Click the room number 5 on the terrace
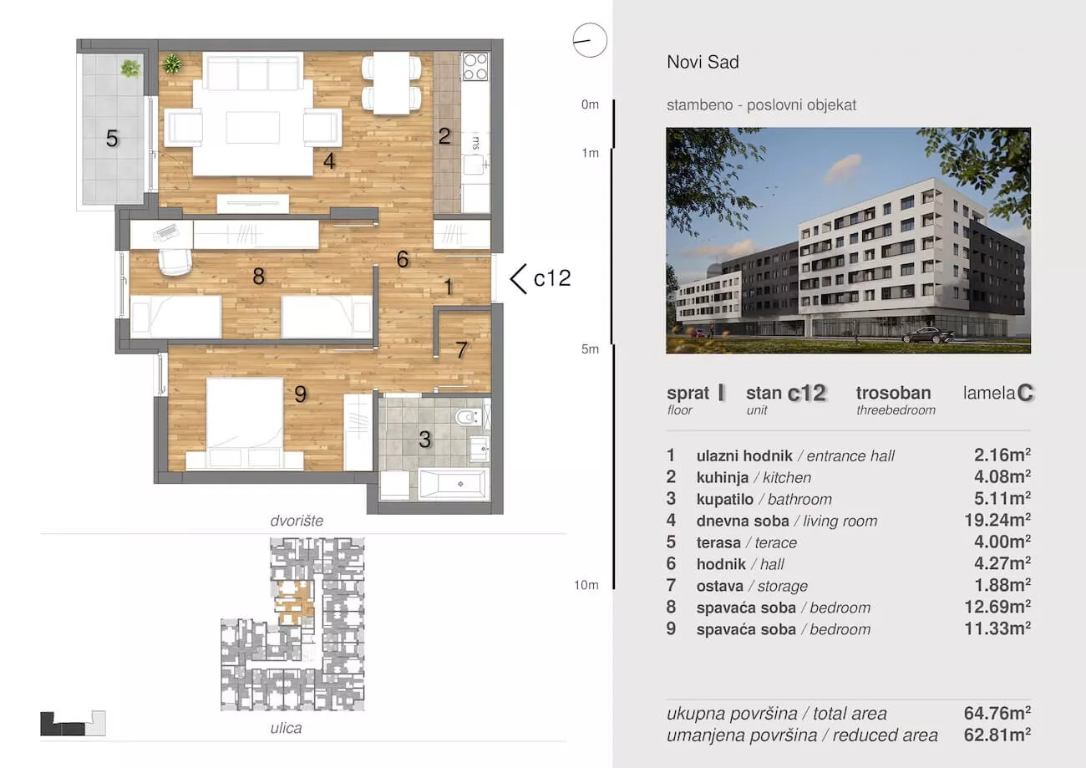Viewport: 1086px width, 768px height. pos(112,139)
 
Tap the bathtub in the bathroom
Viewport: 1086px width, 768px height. pos(452,484)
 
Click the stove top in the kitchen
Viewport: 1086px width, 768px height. pos(475,66)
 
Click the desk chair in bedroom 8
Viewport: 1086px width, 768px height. pos(175,262)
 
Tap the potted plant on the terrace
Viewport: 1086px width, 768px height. pos(130,69)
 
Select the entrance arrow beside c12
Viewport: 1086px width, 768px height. pos(518,279)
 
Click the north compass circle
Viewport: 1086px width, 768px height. pos(590,41)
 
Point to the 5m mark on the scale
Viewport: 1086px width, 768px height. pos(590,349)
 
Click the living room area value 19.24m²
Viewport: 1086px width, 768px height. pos(997,521)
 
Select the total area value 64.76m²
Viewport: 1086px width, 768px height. pos(997,713)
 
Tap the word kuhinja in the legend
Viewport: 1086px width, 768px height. pos(723,478)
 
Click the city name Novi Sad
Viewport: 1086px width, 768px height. pos(703,62)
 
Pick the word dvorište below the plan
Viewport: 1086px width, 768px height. pos(297,521)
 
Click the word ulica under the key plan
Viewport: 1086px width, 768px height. pos(286,728)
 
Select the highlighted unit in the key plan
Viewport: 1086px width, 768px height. pos(294,603)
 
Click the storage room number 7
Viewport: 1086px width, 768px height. pos(461,350)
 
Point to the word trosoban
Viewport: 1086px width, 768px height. pos(894,393)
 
